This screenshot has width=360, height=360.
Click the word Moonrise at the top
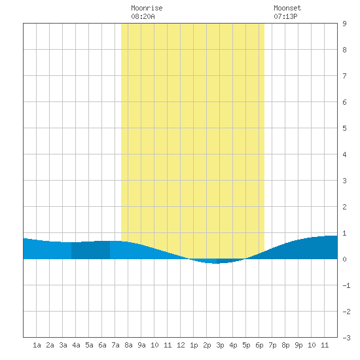coord(147,8)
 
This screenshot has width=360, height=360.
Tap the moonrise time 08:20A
coord(143,16)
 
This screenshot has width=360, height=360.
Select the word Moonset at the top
coord(287,8)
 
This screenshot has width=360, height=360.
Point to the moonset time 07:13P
coord(285,16)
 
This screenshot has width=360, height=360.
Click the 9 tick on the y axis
coord(344,24)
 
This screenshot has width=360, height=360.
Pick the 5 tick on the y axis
coord(344,128)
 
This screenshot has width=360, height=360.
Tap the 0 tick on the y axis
coord(344,259)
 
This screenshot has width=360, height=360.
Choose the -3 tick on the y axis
coord(346,338)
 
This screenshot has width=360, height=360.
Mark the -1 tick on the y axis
coord(346,285)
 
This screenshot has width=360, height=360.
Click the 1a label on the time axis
coord(37,345)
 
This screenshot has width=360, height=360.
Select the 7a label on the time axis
coord(115,345)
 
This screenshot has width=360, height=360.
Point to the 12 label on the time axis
coord(181,345)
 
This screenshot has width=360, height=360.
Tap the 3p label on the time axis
coord(220,345)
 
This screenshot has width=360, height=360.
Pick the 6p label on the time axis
coord(259,345)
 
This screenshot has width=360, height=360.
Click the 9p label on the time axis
coord(298,345)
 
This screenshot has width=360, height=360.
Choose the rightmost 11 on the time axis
coord(325,345)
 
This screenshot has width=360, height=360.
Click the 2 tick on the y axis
coord(344,207)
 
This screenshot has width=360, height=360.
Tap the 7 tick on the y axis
coord(344,76)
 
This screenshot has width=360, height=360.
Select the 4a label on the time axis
coord(76,345)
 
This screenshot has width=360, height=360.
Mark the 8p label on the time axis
coord(285,345)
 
